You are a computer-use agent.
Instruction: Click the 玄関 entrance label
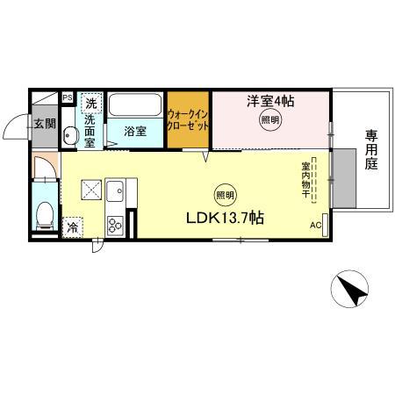click(x=44, y=123)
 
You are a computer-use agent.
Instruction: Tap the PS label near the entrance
click(x=66, y=97)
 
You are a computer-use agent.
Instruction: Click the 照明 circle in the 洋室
click(x=269, y=121)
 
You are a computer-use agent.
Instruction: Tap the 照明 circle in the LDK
click(x=224, y=194)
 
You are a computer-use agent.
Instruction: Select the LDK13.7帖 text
click(x=224, y=217)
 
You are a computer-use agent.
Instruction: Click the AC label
click(x=315, y=226)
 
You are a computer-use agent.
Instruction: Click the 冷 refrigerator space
click(x=72, y=226)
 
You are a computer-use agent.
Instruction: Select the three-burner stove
click(x=115, y=225)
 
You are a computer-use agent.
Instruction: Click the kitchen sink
click(x=116, y=189)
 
